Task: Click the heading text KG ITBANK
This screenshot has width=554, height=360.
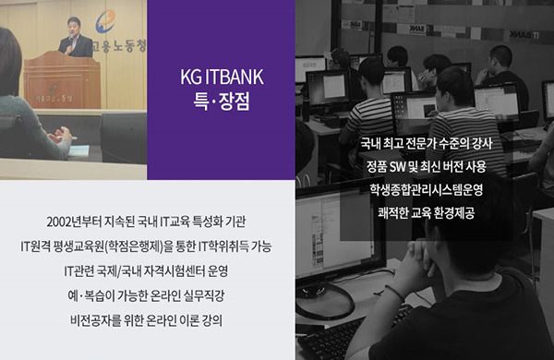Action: pos(222,77)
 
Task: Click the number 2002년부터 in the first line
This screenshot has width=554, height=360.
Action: pos(75,222)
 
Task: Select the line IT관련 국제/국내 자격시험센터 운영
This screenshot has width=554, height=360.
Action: pos(146,271)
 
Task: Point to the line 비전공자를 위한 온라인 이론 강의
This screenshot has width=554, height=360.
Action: pos(146,321)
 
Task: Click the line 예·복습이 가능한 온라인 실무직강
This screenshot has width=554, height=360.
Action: pos(146,296)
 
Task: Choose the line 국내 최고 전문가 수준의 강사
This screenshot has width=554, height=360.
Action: pos(426,144)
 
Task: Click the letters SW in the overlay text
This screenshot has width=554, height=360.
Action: pos(397,167)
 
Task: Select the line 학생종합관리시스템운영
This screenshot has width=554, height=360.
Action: pos(426,190)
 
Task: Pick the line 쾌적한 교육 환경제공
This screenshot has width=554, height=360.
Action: pos(426,213)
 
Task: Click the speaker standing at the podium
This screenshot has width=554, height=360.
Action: pos(75,37)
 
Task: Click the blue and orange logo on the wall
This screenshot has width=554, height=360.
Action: pos(105,21)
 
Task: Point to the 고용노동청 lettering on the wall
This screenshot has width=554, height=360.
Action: pos(119,46)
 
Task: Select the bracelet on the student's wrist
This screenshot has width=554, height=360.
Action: pos(395,293)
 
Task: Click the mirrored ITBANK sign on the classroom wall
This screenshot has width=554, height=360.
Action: pos(524,35)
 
